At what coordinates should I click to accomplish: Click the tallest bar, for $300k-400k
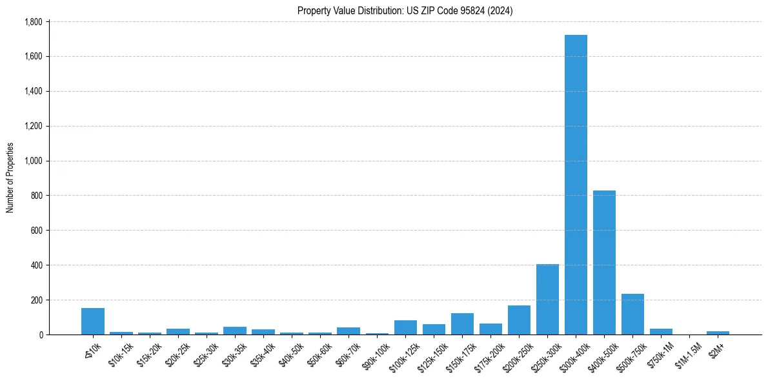(x=576, y=185)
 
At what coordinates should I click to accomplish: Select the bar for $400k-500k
(x=604, y=262)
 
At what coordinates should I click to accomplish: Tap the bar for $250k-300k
(x=547, y=299)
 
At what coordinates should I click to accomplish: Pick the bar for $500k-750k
(x=632, y=314)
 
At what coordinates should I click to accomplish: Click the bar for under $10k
(x=93, y=321)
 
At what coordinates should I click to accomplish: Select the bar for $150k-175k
(x=462, y=324)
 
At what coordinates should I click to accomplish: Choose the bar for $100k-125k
(x=405, y=327)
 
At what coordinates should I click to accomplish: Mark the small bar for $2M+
(x=718, y=333)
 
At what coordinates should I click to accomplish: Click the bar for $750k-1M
(x=661, y=331)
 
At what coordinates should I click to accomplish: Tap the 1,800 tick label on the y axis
(x=33, y=22)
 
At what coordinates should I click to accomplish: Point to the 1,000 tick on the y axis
(x=33, y=161)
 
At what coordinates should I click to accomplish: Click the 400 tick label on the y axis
(x=37, y=265)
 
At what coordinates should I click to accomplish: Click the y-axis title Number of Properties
(x=10, y=178)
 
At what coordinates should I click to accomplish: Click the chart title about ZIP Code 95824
(x=405, y=10)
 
